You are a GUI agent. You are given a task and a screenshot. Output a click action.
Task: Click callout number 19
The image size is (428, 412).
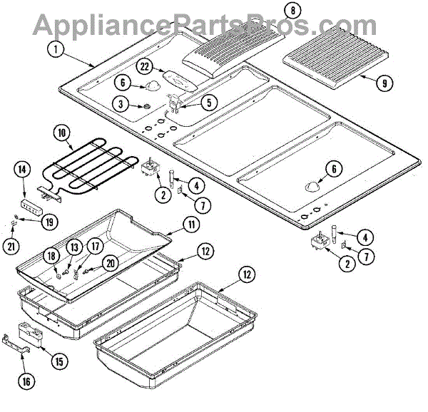[x=49, y=222]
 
